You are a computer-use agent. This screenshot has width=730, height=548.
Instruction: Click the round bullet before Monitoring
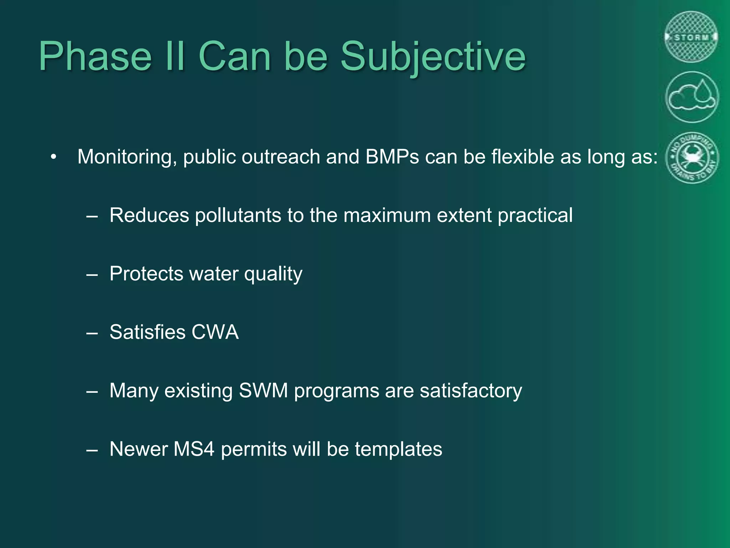53,157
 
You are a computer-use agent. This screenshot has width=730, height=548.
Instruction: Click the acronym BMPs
392,157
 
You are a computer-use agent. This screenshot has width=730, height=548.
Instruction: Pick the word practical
535,215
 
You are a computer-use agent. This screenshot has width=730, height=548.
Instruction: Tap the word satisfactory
471,391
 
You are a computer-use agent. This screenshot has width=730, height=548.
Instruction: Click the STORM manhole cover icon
692,37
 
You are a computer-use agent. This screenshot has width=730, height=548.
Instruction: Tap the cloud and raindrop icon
692,97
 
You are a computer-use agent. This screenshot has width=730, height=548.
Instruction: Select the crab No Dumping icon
692,157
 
